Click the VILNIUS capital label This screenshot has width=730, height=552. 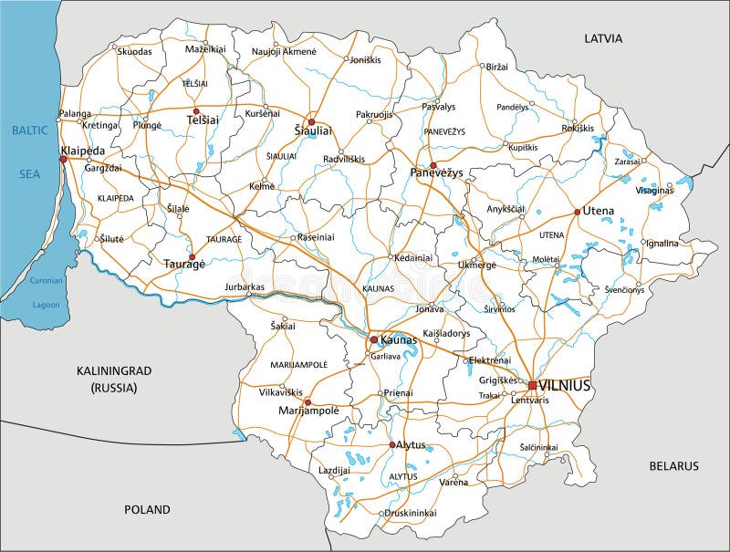[565, 386]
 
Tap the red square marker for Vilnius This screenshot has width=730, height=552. [532, 385]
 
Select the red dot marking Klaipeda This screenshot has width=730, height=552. [63, 159]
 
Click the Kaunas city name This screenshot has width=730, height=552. [399, 339]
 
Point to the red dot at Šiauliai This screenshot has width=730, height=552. [310, 121]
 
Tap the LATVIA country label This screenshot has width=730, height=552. [603, 38]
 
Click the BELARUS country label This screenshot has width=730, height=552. [673, 465]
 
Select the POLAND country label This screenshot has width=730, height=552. [147, 509]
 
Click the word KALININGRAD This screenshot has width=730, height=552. [113, 370]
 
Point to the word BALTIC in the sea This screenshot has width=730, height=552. [28, 130]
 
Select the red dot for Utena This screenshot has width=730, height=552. [577, 212]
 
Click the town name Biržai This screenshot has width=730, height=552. [497, 68]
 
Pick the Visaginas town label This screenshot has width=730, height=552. [653, 190]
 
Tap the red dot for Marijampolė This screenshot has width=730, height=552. [308, 401]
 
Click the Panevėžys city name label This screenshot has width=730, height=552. [437, 172]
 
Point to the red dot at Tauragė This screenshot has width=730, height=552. [192, 257]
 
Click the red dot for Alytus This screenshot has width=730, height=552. [393, 445]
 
